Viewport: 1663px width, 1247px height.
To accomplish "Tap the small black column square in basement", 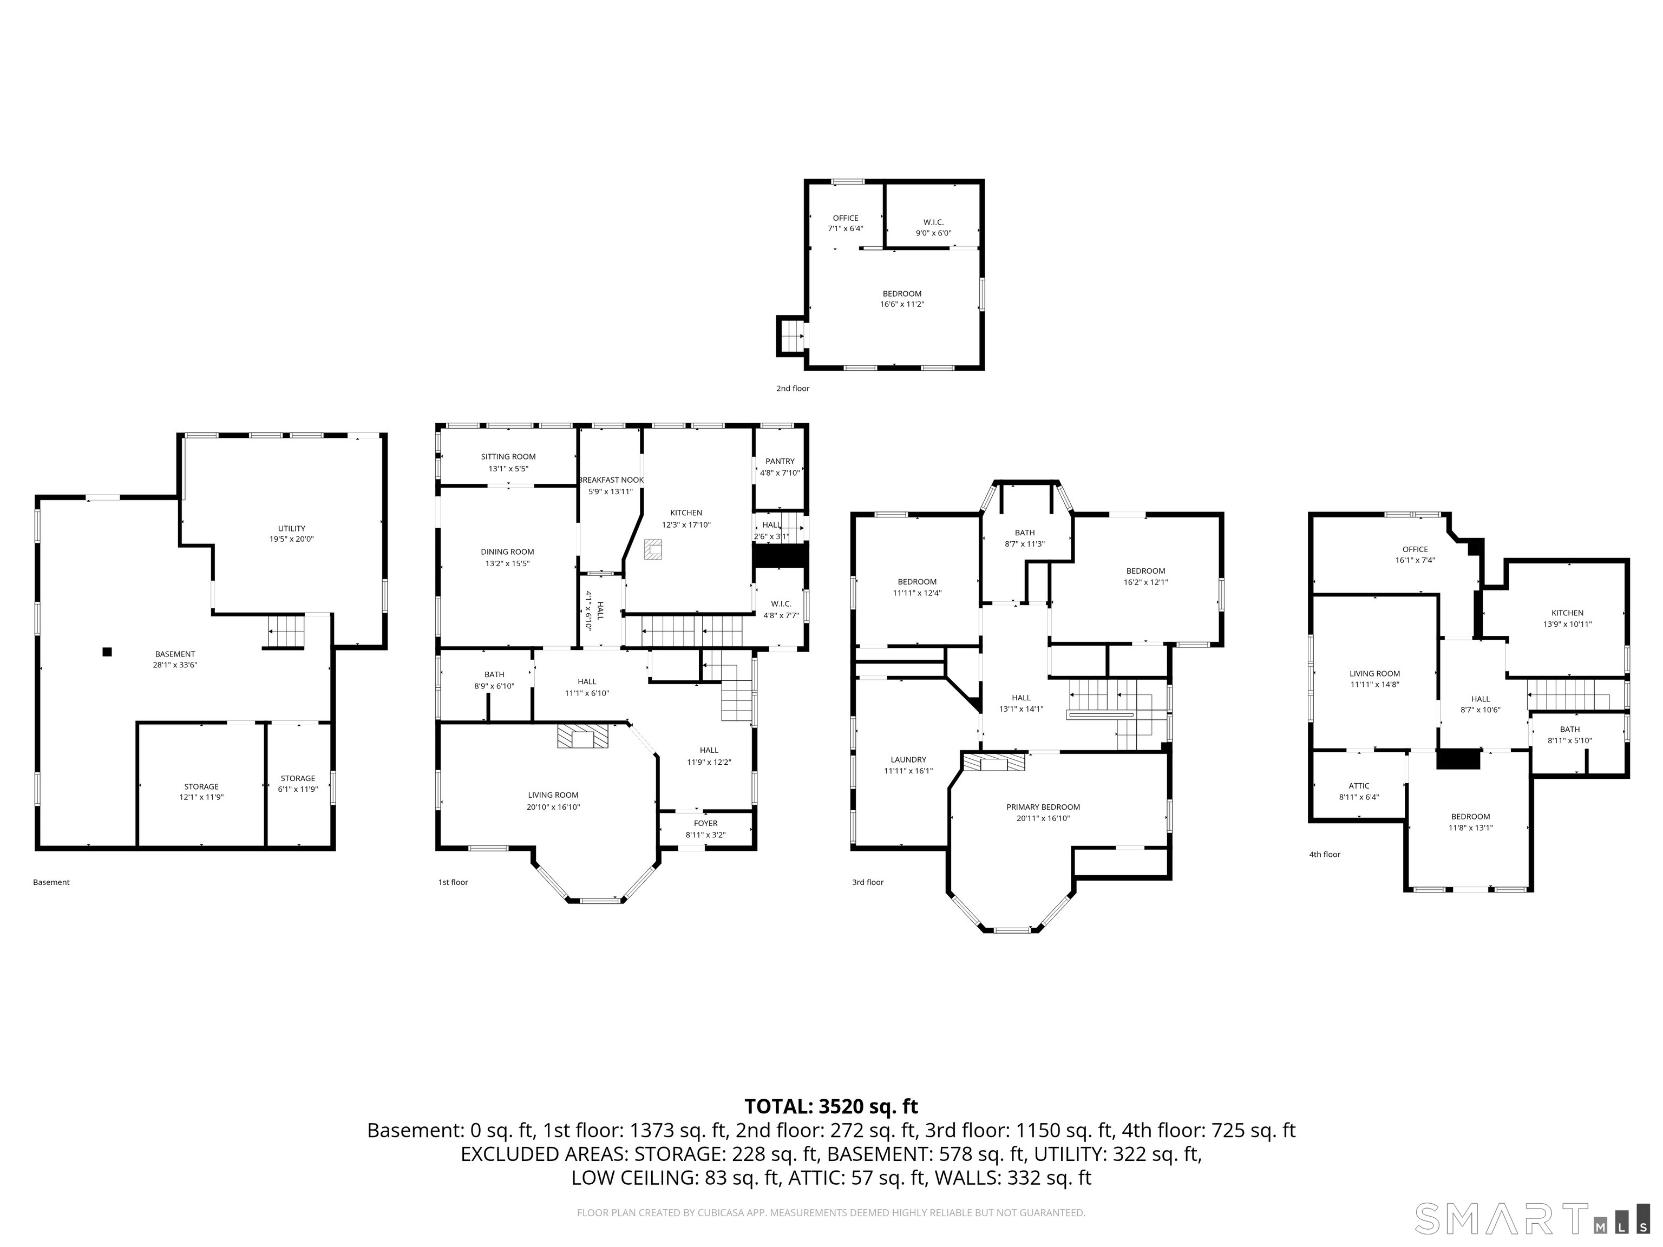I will (108, 652).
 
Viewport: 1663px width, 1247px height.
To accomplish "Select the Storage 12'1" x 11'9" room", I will (201, 791).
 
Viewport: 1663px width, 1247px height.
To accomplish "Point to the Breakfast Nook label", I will (611, 480).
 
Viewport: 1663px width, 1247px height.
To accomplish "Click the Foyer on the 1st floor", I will (705, 828).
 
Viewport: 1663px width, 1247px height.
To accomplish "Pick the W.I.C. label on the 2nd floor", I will (933, 222).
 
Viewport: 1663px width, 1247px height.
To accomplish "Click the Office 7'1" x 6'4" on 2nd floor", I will (845, 223).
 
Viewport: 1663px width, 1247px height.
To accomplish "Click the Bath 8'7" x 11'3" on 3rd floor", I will (1025, 538).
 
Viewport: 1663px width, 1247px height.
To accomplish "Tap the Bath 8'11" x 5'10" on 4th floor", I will (1569, 734).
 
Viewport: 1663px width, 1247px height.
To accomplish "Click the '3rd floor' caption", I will (868, 882).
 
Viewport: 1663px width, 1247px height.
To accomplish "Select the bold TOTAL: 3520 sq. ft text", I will (831, 1106).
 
